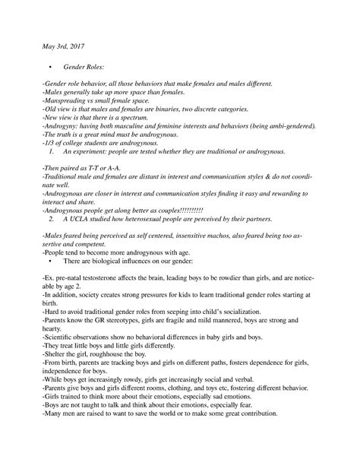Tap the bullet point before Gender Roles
click(47, 68)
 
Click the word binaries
click(169, 112)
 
